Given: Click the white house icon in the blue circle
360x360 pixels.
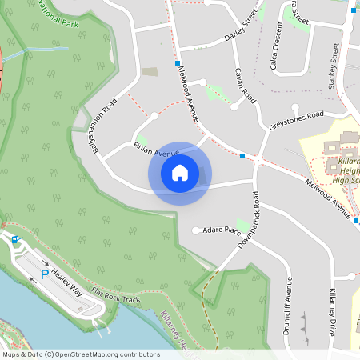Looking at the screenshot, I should point(179,173).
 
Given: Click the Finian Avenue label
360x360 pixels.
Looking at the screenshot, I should point(157,150).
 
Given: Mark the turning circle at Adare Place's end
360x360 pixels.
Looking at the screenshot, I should point(197,231).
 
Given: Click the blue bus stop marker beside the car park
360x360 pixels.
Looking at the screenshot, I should point(14,239).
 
